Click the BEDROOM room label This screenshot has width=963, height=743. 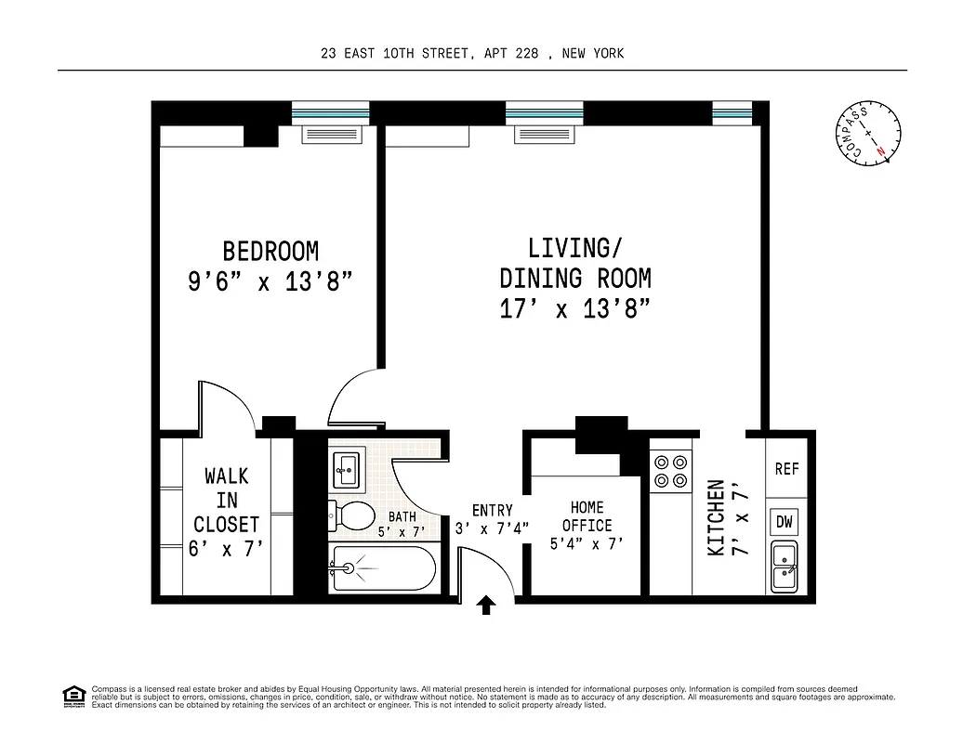[270, 252]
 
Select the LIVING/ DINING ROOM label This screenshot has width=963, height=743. [574, 263]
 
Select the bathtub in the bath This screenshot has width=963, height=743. [382, 568]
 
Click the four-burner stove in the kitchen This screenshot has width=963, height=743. [671, 470]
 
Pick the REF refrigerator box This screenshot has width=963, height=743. [786, 469]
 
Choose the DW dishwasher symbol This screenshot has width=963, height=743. [785, 522]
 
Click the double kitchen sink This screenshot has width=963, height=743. [785, 566]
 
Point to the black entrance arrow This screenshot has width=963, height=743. [486, 606]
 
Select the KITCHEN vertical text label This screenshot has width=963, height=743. [716, 517]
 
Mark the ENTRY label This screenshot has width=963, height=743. [492, 510]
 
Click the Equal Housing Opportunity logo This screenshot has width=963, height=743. [73, 695]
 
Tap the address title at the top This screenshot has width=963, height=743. [472, 53]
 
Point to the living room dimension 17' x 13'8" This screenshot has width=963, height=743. [574, 309]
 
